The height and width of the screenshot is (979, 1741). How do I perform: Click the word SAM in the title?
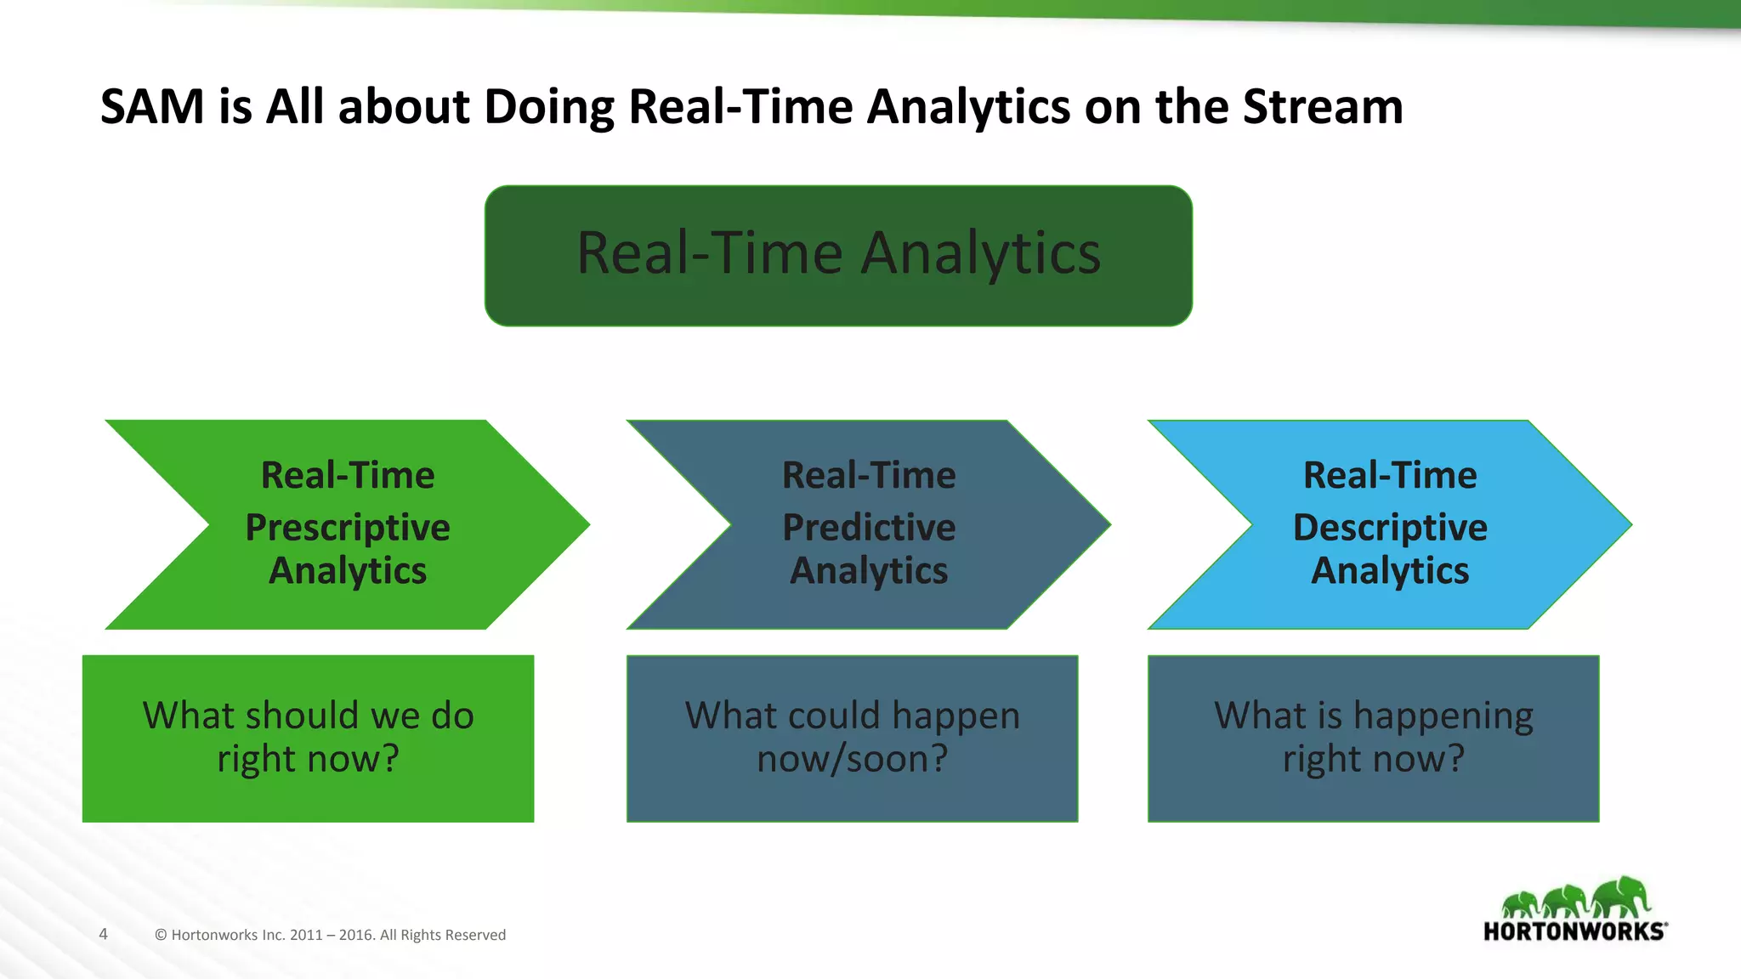(152, 107)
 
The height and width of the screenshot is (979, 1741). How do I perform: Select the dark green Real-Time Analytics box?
(838, 255)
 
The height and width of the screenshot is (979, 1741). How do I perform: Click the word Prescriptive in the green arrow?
(347, 528)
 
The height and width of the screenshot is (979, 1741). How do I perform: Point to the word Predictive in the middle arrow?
(869, 528)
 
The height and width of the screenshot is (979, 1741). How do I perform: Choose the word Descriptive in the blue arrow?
(1390, 528)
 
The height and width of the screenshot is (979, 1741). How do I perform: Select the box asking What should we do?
(308, 738)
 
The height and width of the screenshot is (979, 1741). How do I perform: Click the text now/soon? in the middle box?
(852, 759)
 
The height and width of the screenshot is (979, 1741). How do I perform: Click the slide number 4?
(104, 934)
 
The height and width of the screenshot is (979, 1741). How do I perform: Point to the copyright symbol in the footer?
(161, 935)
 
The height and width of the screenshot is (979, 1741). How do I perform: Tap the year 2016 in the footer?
(356, 935)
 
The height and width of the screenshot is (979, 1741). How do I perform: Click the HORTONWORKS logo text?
(1574, 931)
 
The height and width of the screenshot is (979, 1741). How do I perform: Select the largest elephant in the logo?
(1621, 897)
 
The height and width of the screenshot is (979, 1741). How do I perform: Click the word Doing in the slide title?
(549, 107)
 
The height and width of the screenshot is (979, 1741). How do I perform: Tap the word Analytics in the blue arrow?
(1390, 570)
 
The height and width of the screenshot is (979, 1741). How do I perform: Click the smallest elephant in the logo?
(1521, 904)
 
